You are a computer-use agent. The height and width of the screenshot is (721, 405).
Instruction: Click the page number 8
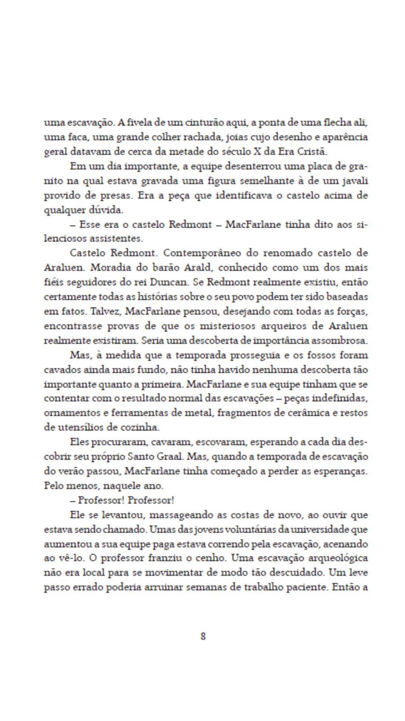(x=203, y=636)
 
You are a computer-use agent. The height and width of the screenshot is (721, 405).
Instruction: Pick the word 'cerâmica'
(x=305, y=412)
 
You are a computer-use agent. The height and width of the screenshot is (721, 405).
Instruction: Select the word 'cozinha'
(x=141, y=427)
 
